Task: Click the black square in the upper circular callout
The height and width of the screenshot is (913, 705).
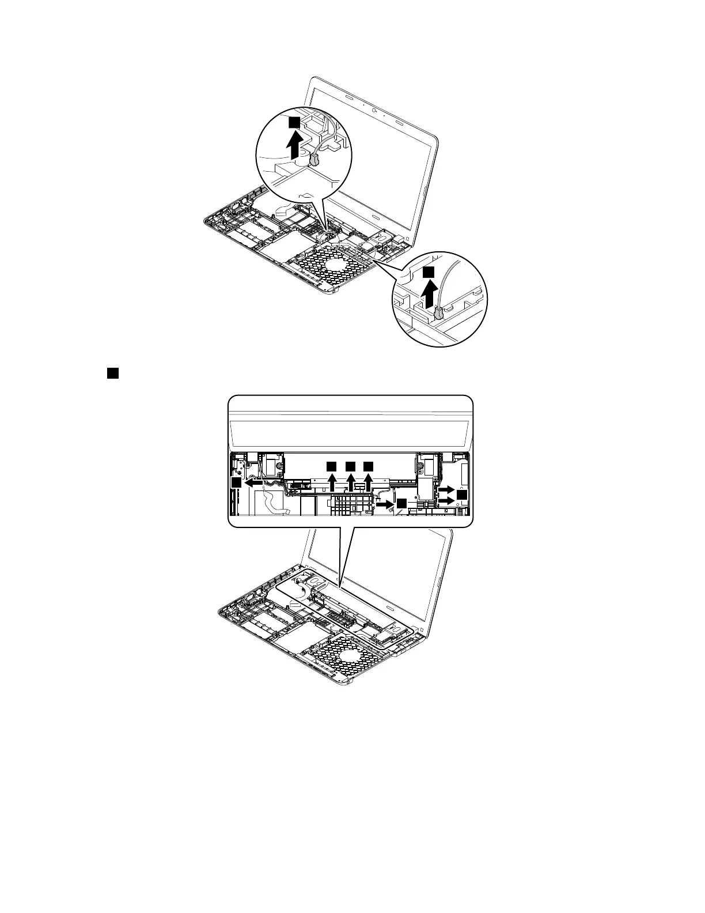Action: (294, 122)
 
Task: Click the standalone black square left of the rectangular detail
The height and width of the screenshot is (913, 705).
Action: (112, 373)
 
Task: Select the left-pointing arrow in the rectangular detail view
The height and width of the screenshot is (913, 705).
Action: (253, 485)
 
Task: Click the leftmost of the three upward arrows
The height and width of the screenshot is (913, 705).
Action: (332, 481)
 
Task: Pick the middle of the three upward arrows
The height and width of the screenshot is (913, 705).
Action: (351, 481)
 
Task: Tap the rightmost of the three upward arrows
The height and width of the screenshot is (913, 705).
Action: (369, 481)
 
